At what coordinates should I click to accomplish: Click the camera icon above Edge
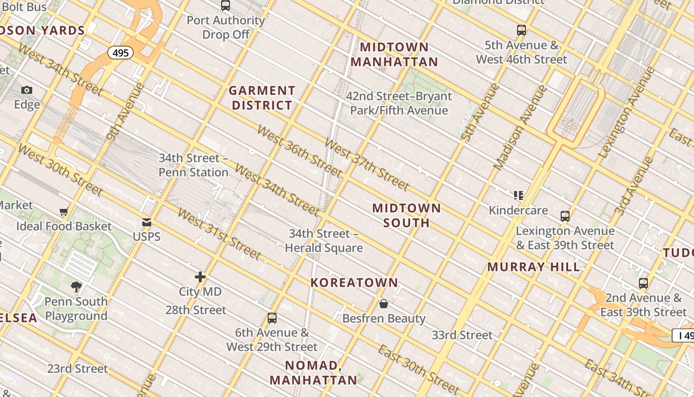(x=27, y=90)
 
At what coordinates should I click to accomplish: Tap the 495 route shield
(x=121, y=53)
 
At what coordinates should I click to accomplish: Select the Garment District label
(x=262, y=98)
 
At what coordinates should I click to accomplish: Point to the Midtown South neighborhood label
(x=406, y=215)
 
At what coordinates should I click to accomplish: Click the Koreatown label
(x=354, y=282)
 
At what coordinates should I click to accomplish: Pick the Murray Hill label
(x=533, y=267)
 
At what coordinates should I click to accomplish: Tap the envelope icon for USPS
(x=147, y=222)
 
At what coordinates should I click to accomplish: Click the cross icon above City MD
(x=200, y=277)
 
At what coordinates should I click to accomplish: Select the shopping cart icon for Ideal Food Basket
(x=64, y=212)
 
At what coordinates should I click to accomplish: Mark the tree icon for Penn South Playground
(x=76, y=286)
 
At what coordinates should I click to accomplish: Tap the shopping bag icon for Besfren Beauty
(x=383, y=304)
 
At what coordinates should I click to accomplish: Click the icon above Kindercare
(x=519, y=196)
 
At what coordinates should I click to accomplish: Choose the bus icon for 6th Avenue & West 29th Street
(x=272, y=318)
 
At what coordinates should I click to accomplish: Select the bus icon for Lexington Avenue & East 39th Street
(x=565, y=216)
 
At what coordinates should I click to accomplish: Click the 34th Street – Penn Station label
(x=193, y=165)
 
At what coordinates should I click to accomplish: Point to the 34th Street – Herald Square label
(x=324, y=241)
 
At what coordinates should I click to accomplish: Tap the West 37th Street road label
(x=366, y=164)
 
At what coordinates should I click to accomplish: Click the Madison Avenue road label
(x=520, y=127)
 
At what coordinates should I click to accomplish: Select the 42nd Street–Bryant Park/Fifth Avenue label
(x=399, y=103)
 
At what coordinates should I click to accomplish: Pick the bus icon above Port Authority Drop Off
(x=226, y=5)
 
